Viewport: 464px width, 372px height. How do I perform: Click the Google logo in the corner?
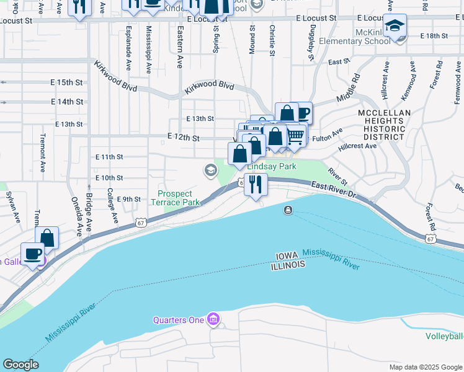coord(20,365)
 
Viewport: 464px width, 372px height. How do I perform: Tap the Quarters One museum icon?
coord(213,320)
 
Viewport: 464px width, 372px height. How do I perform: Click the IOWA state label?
coord(287,255)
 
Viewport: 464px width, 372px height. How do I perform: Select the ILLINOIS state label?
coord(288,265)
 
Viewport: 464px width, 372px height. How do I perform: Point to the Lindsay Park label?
coord(272,167)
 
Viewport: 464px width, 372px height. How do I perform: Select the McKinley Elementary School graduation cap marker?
coord(394,27)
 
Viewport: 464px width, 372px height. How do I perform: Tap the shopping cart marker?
coord(295,135)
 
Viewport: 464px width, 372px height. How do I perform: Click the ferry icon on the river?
coord(288,211)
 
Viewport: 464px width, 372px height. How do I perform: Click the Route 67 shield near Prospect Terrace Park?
coord(141,223)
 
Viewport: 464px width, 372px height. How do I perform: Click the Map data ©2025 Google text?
coord(425,367)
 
